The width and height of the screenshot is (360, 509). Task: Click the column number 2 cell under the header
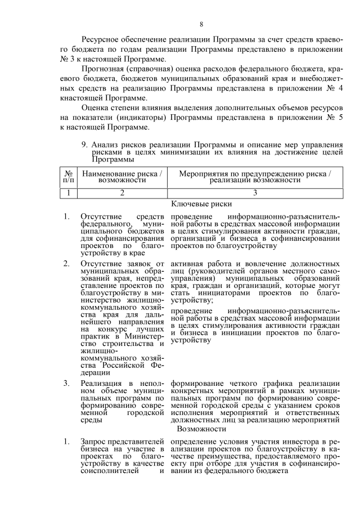[122, 193]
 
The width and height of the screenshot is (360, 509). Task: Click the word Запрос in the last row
[93, 442]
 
